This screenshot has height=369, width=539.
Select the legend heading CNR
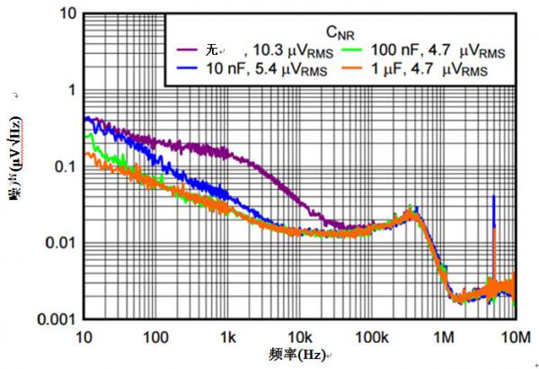(x=339, y=33)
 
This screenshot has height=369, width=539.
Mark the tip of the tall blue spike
(x=493, y=196)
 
